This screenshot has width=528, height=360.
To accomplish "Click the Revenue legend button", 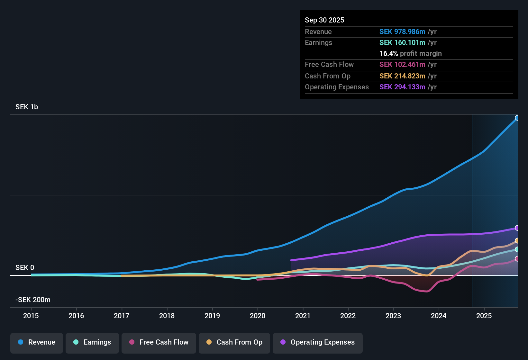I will point(37,342).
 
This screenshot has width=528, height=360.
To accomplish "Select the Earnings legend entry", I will point(92,342).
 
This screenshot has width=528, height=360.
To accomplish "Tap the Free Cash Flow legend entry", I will point(159,342).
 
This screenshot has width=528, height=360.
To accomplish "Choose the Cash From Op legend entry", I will point(234,342).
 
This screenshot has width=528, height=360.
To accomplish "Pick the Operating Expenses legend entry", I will point(318,342).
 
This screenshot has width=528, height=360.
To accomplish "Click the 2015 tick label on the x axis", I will point(31,316).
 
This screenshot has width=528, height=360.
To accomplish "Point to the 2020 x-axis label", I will point(258,316).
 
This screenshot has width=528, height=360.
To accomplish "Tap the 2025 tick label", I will point(484,316).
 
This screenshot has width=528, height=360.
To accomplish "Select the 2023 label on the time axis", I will point(393,316).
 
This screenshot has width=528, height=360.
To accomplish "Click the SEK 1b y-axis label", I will point(27,107).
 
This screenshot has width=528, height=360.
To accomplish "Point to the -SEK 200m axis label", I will point(33,300).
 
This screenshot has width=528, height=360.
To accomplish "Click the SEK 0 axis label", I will point(25,268).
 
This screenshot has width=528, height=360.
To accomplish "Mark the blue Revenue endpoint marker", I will point(517,118).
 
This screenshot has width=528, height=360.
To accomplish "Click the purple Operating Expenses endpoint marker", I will point(517,228).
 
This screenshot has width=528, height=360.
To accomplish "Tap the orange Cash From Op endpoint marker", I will point(517,241).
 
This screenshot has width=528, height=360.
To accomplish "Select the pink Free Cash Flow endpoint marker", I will point(517,259).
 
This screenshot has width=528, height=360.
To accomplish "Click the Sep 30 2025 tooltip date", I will point(324,20).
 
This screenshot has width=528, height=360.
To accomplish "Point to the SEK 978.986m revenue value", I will point(402,32).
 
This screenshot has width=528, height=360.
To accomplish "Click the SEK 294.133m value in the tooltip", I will point(402,87).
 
